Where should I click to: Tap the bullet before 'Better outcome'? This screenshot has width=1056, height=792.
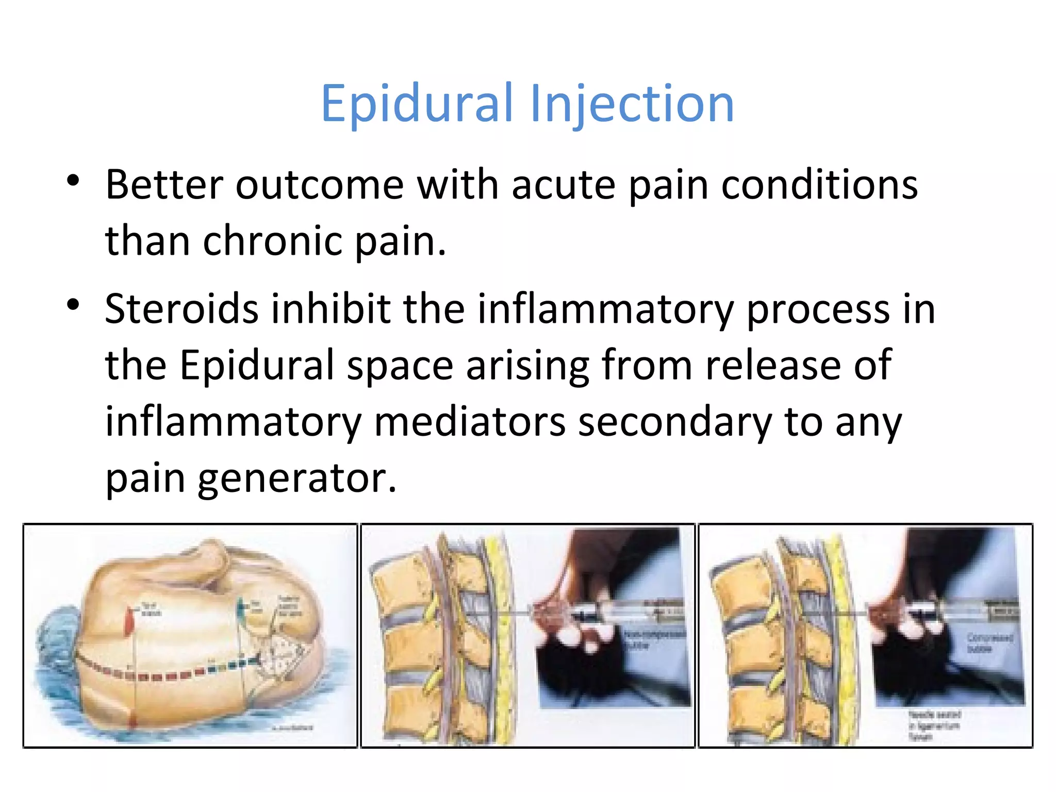click(73, 181)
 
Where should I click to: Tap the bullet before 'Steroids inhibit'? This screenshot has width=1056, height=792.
click(73, 305)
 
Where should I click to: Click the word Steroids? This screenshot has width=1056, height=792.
click(181, 309)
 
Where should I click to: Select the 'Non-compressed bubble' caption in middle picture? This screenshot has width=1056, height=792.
click(654, 639)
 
